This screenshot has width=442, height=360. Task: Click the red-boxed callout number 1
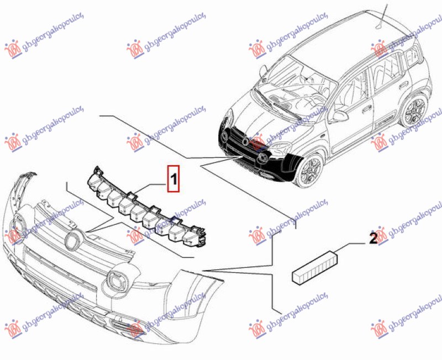173,178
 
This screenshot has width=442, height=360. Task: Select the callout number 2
373,239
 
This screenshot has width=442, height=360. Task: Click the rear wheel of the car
414,111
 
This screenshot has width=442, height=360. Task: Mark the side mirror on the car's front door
340,117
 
